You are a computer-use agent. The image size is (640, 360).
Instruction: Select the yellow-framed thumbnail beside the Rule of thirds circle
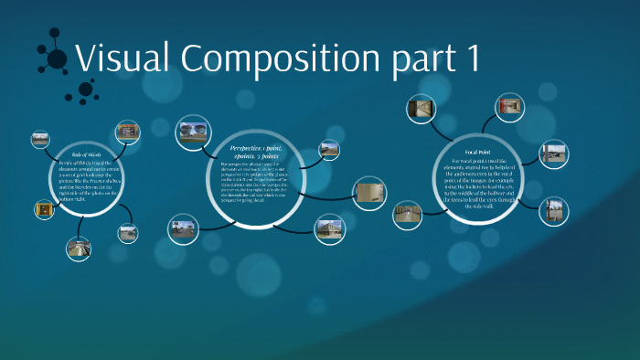(43, 210)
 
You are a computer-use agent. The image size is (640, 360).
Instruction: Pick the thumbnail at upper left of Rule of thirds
(39, 140)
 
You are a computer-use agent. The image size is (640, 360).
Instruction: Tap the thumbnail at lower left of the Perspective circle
(183, 228)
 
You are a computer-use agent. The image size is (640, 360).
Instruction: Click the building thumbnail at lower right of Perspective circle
(329, 229)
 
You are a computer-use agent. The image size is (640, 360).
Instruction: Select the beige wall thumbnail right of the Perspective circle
(369, 194)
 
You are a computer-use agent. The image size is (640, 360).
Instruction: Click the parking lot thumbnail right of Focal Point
(553, 154)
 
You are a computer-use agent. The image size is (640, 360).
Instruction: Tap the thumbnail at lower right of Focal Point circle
(551, 216)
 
